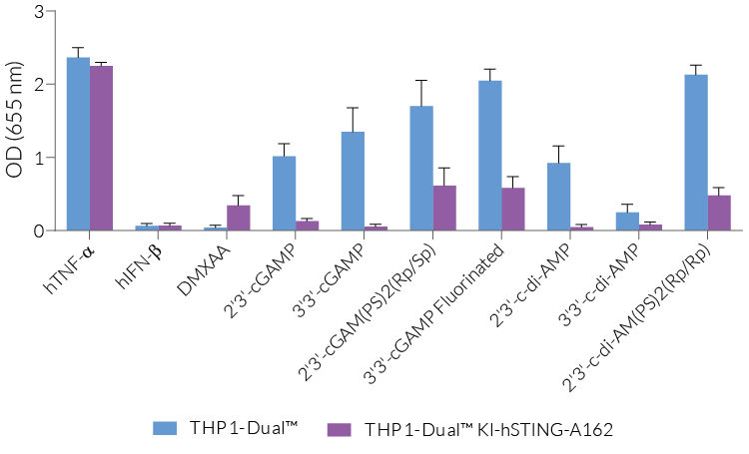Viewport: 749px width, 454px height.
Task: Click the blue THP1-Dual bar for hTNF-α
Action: [78, 144]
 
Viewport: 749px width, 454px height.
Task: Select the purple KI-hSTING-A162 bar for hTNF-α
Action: [101, 148]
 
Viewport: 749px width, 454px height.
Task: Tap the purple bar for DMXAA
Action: [239, 219]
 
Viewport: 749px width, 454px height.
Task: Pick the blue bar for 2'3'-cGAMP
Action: [284, 194]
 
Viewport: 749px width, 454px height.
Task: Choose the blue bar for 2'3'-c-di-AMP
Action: [559, 197]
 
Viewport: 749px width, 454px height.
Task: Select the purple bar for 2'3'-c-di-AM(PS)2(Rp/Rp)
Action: [719, 213]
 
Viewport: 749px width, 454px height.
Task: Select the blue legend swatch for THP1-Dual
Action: [165, 428]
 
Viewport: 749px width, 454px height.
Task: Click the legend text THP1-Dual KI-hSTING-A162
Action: [488, 429]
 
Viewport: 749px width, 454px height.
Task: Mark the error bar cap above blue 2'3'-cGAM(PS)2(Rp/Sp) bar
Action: [421, 80]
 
